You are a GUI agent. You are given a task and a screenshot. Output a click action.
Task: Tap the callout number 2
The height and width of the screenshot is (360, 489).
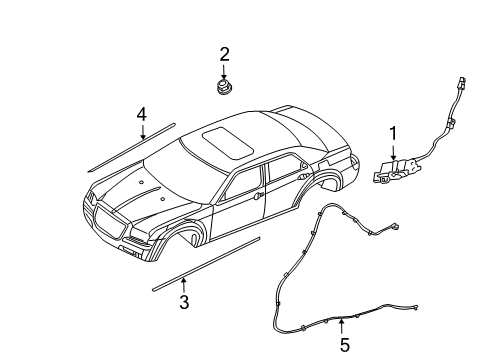click(x=225, y=53)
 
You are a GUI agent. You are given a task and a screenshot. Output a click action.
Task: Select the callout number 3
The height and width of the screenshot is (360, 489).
click(x=183, y=303)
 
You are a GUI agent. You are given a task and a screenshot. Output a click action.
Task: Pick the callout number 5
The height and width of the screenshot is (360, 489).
click(x=344, y=346)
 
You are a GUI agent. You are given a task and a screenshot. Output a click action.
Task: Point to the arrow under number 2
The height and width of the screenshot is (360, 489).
click(x=225, y=70)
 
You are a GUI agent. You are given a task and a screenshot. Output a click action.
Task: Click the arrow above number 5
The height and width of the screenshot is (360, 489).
click(x=344, y=326)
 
